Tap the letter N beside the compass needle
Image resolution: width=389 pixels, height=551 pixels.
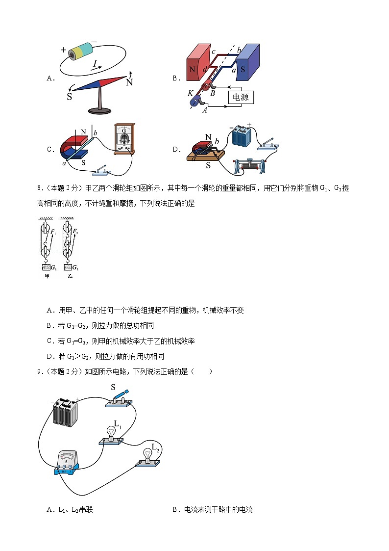click(x=129, y=82)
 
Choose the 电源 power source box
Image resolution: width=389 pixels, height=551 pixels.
click(x=241, y=97)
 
